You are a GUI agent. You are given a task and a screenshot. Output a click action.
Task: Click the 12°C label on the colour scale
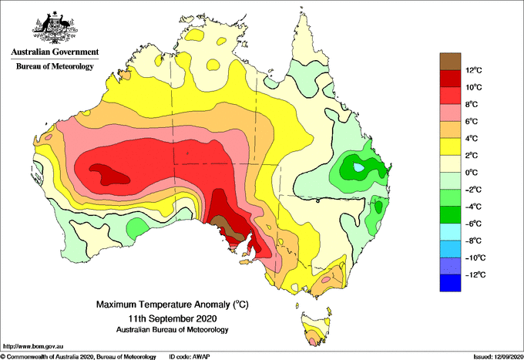[x=474, y=70]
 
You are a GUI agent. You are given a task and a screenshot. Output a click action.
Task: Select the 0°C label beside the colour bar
[x=472, y=173]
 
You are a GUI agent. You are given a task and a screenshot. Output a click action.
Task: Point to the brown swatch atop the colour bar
[x=450, y=62]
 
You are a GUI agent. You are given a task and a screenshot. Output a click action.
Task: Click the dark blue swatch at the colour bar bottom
[x=450, y=283]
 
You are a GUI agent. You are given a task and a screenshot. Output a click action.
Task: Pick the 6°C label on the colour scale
[x=472, y=121]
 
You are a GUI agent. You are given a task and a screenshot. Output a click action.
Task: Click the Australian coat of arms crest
[x=55, y=28]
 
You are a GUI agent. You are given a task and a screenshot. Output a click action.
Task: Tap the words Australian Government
[x=55, y=52]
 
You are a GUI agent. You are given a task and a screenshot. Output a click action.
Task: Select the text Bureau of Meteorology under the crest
[x=55, y=66]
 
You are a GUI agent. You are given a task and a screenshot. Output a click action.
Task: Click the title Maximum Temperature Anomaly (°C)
[x=173, y=304]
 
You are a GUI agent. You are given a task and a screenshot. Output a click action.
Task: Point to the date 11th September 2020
[x=173, y=318]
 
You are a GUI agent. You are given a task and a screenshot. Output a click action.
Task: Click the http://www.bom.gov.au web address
[x=33, y=346]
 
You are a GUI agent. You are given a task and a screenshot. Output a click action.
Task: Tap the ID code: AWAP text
[x=190, y=357]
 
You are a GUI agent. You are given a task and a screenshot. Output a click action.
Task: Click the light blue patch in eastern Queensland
[x=359, y=167]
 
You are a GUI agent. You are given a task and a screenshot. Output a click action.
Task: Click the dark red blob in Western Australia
[x=109, y=173]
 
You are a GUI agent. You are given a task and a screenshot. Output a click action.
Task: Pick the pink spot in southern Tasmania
[x=312, y=341]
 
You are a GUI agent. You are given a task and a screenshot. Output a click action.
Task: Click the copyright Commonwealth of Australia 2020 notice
[x=79, y=357]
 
